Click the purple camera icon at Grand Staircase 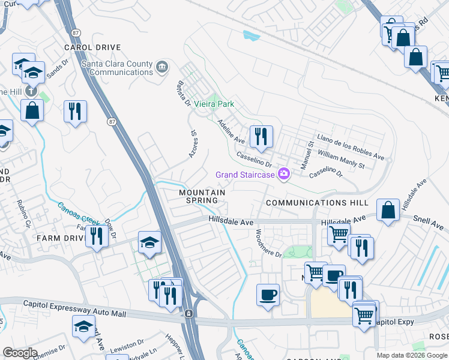coord(284,175)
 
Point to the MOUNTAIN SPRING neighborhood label coord(202,197)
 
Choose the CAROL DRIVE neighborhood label coord(92,47)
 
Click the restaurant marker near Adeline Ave coord(261,137)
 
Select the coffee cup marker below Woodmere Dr coord(268,295)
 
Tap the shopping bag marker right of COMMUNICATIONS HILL coord(388,211)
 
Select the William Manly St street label coord(341,158)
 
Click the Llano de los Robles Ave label coord(351,146)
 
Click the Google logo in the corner coord(20,353)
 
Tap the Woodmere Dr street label coord(268,243)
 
